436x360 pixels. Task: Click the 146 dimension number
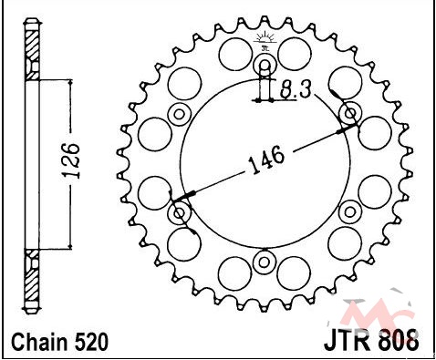click(x=267, y=159)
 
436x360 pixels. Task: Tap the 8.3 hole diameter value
click(x=296, y=89)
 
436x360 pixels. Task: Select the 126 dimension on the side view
click(x=71, y=159)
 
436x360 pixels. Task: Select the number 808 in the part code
click(x=399, y=341)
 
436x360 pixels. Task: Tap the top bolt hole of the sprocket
click(x=265, y=66)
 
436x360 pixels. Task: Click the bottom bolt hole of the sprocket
click(x=265, y=262)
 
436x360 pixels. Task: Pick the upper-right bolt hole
click(x=350, y=114)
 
